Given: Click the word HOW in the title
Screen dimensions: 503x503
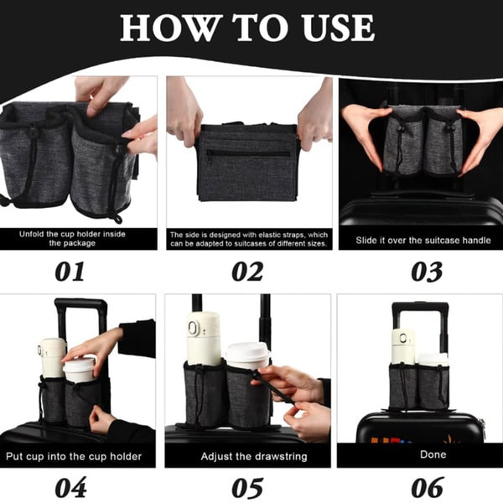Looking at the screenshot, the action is pyautogui.click(x=172, y=28).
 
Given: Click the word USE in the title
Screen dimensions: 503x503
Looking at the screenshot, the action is pyautogui.click(x=338, y=28).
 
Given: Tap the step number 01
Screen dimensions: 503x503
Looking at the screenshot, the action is pyautogui.click(x=70, y=272).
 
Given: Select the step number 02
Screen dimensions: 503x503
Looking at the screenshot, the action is pyautogui.click(x=247, y=272).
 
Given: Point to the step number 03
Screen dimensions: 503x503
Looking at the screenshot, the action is pyautogui.click(x=427, y=272).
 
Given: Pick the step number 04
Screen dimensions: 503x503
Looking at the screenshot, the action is pyautogui.click(x=70, y=487).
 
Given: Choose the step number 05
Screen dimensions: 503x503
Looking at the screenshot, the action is pyautogui.click(x=247, y=487).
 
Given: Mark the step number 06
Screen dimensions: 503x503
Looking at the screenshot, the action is pyautogui.click(x=428, y=487).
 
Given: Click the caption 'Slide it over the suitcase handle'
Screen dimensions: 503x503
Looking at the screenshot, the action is pyautogui.click(x=423, y=241).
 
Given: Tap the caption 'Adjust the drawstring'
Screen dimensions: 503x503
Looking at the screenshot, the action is pyautogui.click(x=254, y=456).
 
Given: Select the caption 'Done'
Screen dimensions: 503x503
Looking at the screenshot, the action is pyautogui.click(x=433, y=454).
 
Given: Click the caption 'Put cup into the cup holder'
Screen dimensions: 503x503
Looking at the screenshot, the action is pyautogui.click(x=74, y=456).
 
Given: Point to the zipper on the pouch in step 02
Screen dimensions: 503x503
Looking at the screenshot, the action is pyautogui.click(x=248, y=153).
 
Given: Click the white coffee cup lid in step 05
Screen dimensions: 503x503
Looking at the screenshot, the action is pyautogui.click(x=247, y=351).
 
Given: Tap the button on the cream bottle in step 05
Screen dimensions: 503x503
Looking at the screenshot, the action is pyautogui.click(x=193, y=329).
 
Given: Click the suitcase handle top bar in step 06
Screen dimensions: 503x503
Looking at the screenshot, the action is pyautogui.click(x=420, y=306).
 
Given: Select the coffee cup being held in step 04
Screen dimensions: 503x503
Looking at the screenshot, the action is pyautogui.click(x=80, y=370).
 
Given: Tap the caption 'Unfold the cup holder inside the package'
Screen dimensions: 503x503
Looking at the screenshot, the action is pyautogui.click(x=72, y=238).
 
